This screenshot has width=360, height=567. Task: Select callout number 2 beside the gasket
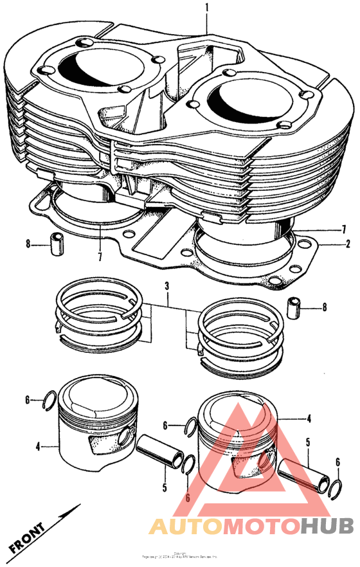[348, 244]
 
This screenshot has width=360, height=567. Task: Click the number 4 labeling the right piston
[309, 419]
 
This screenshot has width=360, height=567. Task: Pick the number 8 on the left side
[28, 244]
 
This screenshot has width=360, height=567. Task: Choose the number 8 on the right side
[324, 308]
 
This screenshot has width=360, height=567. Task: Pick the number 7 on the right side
[344, 229]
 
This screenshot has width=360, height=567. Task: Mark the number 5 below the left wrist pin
[165, 489]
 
